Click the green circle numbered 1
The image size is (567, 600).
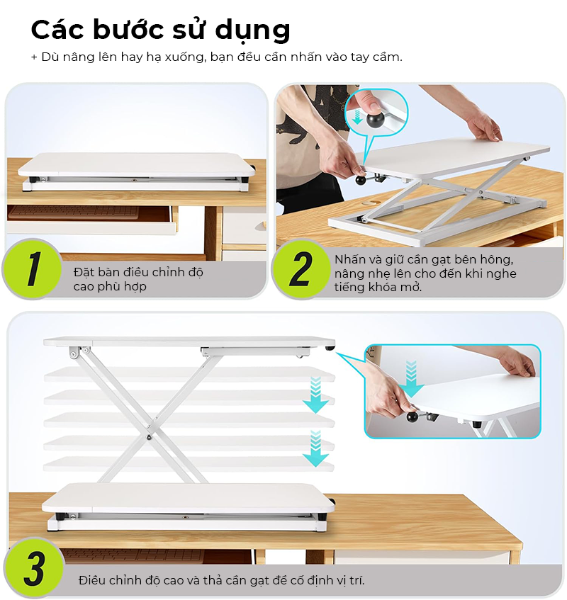click(32, 268)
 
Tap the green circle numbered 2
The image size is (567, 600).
click(301, 268)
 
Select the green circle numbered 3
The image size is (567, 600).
click(34, 568)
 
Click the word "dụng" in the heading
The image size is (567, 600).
click(252, 30)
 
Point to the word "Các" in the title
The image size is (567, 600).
click(57, 29)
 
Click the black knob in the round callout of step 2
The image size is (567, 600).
click(374, 119)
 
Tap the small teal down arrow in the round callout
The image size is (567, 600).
click(357, 117)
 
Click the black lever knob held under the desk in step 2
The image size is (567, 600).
click(360, 179)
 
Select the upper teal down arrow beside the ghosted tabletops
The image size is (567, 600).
click(316, 395)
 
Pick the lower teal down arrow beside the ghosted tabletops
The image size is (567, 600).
click(316, 448)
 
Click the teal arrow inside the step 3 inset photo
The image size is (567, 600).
click(411, 379)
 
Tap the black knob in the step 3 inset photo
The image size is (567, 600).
click(412, 416)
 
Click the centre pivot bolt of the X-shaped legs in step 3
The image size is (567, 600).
click(149, 436)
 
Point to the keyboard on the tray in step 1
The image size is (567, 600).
click(73, 212)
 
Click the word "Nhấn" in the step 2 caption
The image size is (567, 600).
click(350, 259)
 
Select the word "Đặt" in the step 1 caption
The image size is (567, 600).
click(82, 273)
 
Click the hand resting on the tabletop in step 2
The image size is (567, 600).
click(483, 125)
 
